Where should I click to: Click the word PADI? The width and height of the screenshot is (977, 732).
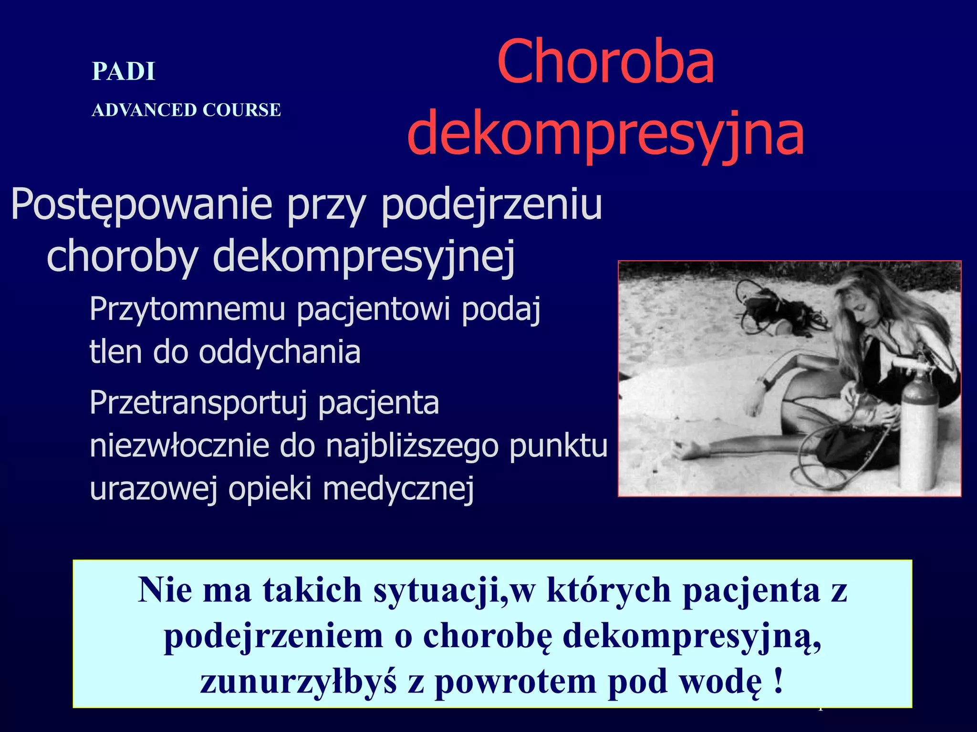tap(123, 72)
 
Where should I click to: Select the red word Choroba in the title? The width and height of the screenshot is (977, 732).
tap(605, 62)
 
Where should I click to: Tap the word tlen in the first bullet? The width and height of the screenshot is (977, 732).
tap(115, 352)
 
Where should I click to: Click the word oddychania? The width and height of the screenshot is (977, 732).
tap(280, 353)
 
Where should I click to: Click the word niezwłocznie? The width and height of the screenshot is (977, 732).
tap(179, 446)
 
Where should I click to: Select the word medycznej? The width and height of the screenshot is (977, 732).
tap(398, 489)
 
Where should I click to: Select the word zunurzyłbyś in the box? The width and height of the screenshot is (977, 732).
tap(298, 681)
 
